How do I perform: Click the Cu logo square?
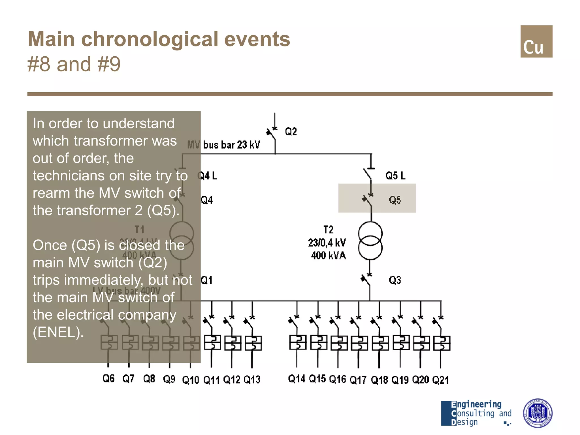click(536, 41)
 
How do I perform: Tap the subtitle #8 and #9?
click(74, 64)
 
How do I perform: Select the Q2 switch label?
click(291, 132)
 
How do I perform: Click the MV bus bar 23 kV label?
click(224, 145)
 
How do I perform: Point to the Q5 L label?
click(395, 176)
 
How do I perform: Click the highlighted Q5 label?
click(395, 200)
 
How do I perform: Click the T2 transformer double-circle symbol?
click(370, 241)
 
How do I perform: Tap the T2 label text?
click(328, 230)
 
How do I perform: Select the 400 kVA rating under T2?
click(328, 255)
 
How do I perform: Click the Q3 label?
click(395, 280)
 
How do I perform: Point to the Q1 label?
click(206, 280)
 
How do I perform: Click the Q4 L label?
click(208, 176)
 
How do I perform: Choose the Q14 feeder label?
click(297, 379)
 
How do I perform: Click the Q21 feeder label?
click(440, 380)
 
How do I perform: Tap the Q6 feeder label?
click(108, 378)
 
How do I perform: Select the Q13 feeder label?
click(252, 379)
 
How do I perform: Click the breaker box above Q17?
click(359, 343)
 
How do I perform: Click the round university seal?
click(537, 413)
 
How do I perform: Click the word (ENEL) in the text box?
click(58, 332)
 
